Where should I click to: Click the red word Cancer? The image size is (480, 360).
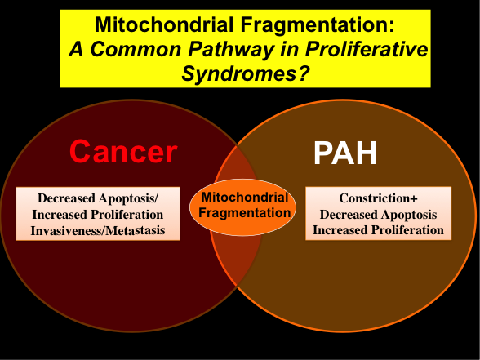pos(122,152)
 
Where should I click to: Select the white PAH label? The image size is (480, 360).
pos(345,153)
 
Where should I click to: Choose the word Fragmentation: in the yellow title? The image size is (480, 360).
pos(309,24)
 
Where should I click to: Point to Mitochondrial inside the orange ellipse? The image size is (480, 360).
pos(244,198)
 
